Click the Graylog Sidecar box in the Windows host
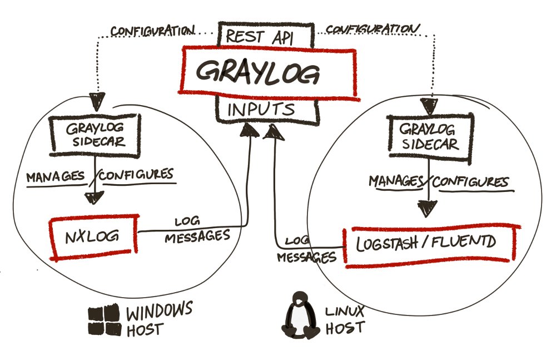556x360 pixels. [96, 134]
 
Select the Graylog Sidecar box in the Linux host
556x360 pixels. [429, 136]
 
